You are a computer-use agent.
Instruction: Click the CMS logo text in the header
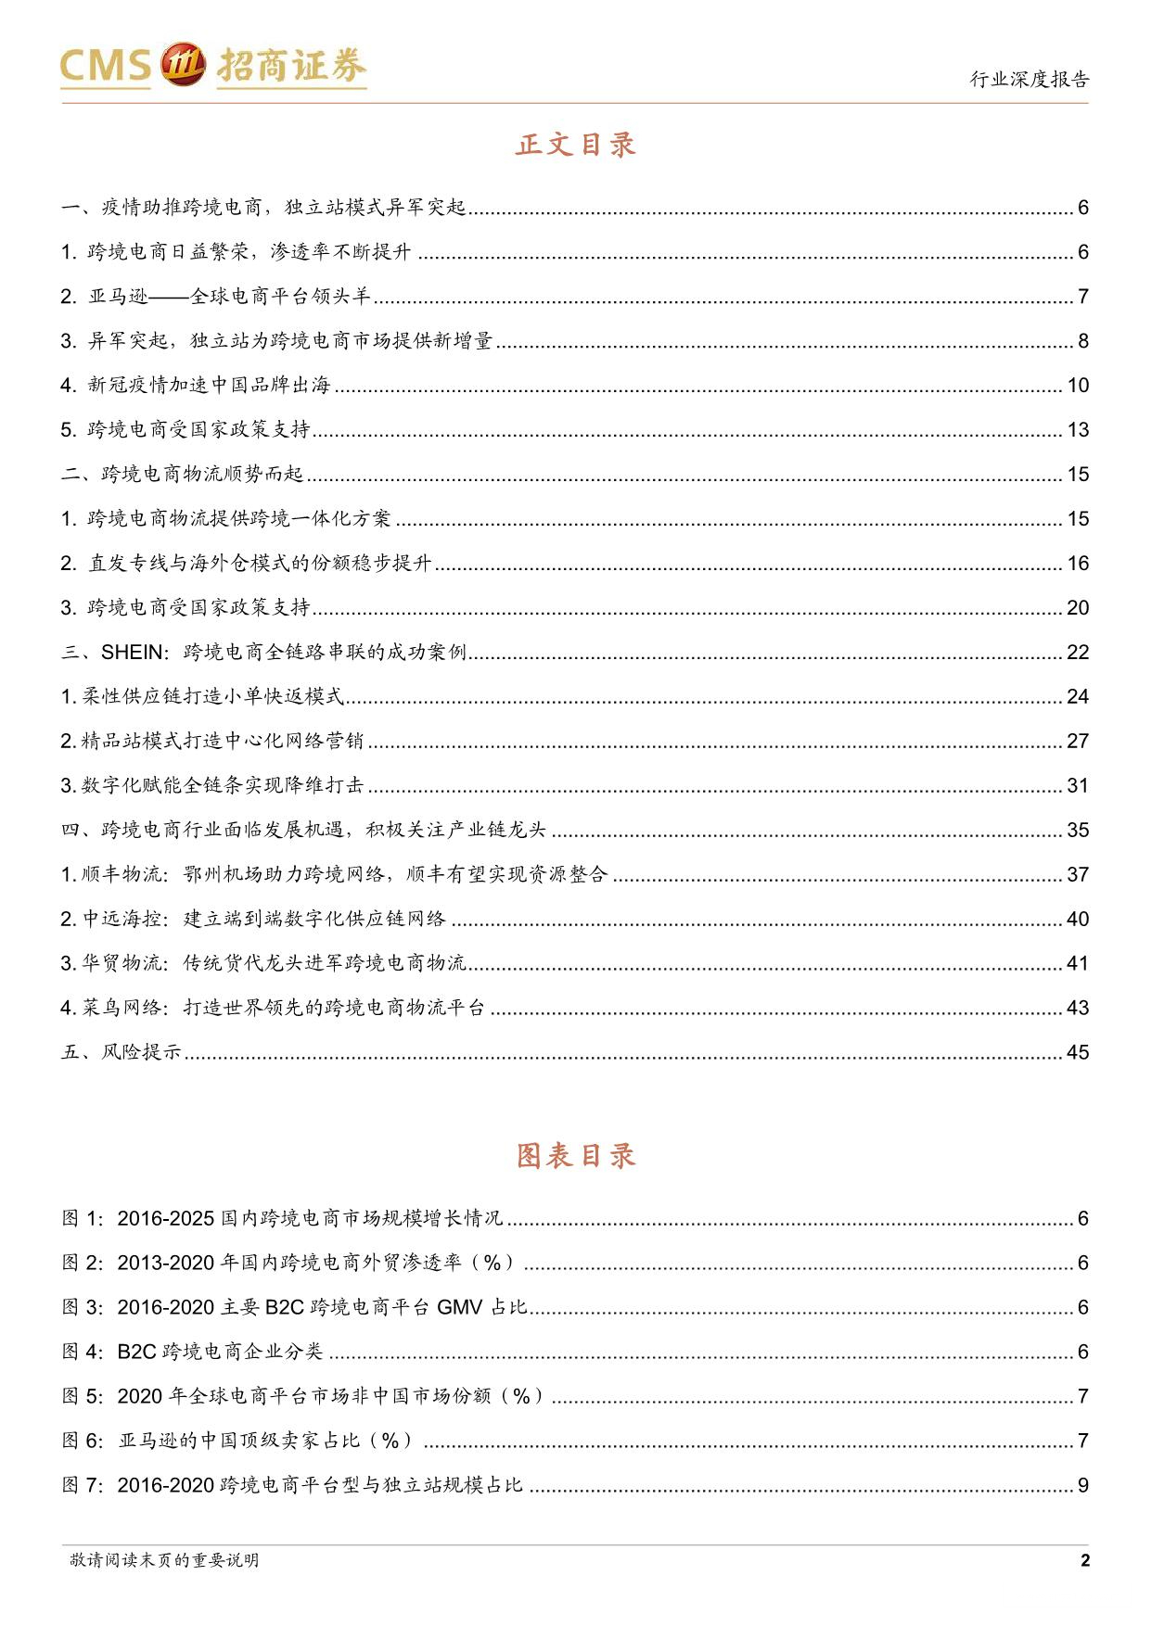105,66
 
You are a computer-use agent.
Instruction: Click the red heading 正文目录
576,145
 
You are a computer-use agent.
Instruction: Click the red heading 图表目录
576,1156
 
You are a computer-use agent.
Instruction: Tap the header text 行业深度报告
1030,80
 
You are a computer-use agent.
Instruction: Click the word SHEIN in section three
132,653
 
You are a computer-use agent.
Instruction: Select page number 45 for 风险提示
1077,1053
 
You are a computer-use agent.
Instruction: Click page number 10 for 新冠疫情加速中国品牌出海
1077,386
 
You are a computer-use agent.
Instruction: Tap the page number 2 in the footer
1085,1560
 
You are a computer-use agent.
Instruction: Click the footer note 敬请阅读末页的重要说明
164,1560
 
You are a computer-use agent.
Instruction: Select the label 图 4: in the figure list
83,1352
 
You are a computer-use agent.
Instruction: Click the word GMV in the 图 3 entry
459,1307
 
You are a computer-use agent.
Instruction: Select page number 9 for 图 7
1082,1485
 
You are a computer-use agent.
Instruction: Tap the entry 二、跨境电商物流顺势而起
183,475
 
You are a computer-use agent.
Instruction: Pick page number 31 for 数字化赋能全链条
1077,786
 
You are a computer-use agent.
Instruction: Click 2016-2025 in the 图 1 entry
166,1218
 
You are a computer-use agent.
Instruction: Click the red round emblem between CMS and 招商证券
183,65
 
